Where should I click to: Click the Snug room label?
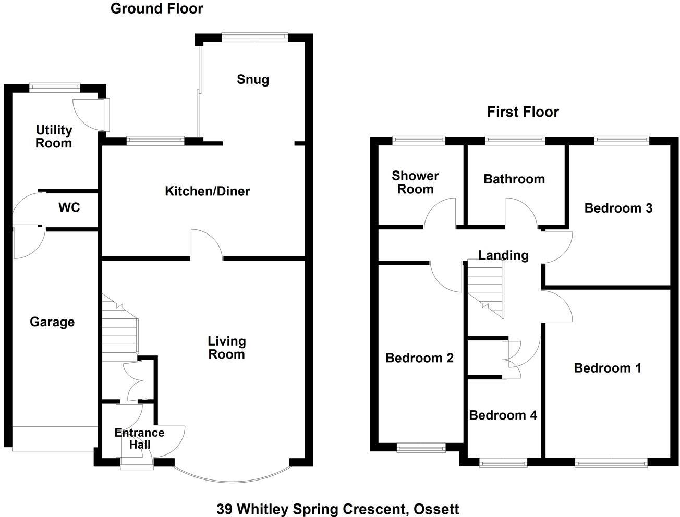(x=253, y=80)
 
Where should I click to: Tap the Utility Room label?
(x=54, y=137)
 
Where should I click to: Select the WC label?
(x=69, y=208)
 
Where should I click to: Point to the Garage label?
(x=52, y=322)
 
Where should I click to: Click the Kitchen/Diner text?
(x=207, y=191)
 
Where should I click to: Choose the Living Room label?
(x=226, y=348)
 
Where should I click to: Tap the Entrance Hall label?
(x=139, y=438)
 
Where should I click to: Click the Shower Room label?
(x=415, y=182)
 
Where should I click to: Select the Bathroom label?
(x=514, y=179)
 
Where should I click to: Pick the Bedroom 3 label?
(x=618, y=208)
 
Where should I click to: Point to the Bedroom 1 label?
(x=607, y=368)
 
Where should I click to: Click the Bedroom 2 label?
(x=419, y=358)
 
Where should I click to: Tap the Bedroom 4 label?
(x=503, y=415)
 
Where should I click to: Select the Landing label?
(x=503, y=255)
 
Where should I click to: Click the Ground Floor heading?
(x=156, y=8)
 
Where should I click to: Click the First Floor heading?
(x=523, y=112)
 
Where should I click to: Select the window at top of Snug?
(x=254, y=36)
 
